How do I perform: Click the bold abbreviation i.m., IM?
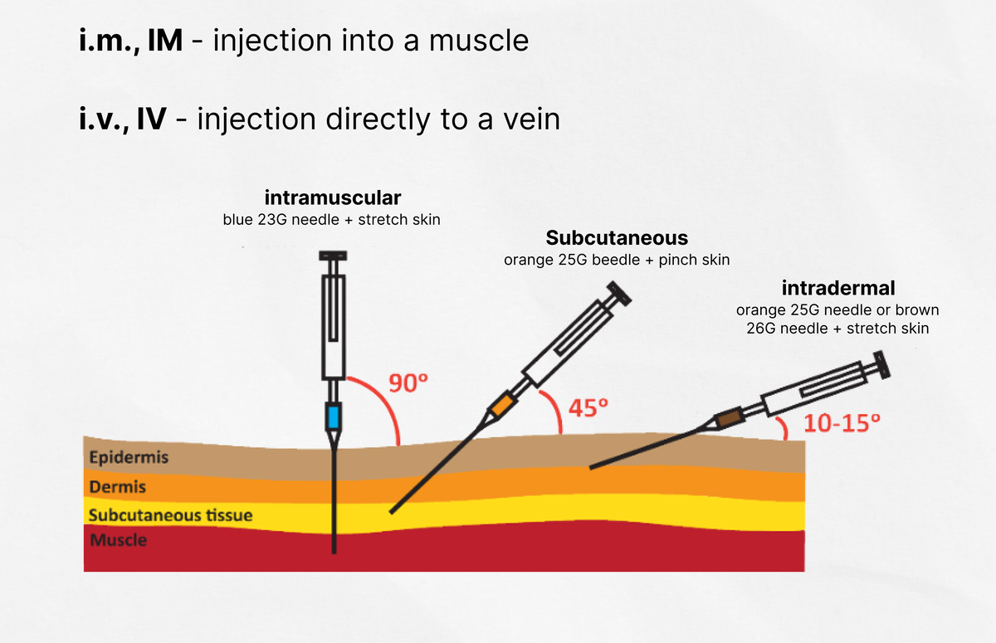(x=131, y=41)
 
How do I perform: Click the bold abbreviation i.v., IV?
(x=123, y=119)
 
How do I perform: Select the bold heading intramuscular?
(x=333, y=197)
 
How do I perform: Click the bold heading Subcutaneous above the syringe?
(x=617, y=238)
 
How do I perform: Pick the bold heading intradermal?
(x=838, y=288)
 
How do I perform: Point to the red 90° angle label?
(x=408, y=382)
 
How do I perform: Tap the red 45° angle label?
(x=588, y=407)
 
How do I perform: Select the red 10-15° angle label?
(x=842, y=422)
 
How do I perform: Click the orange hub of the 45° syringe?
(x=503, y=404)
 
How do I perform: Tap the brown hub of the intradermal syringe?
(x=730, y=417)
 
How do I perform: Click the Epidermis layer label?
(x=129, y=457)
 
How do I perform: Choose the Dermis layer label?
(x=117, y=486)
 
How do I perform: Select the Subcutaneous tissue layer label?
(x=171, y=515)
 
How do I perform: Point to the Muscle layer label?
(x=118, y=540)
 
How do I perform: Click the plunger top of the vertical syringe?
(x=333, y=256)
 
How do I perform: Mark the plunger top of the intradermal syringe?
(x=881, y=365)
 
